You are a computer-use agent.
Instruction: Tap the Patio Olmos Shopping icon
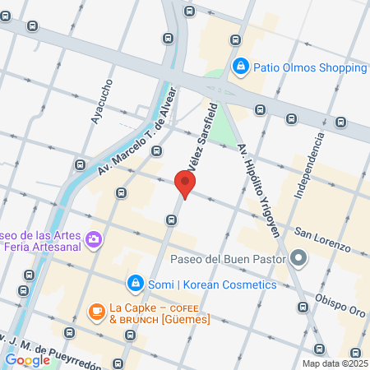pyautogui.click(x=240, y=66)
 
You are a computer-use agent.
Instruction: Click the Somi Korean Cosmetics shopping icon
pyautogui.click(x=134, y=284)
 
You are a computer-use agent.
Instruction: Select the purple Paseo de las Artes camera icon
pyautogui.click(x=95, y=238)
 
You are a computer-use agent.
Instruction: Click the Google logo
pyautogui.click(x=27, y=360)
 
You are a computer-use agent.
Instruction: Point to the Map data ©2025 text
pyautogui.click(x=335, y=363)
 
